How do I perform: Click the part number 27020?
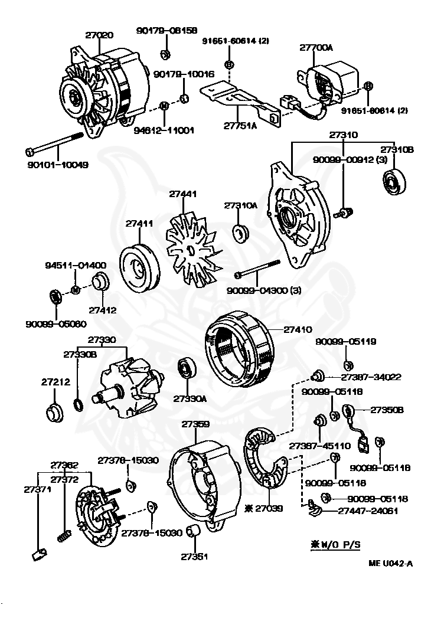coord(99,35)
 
